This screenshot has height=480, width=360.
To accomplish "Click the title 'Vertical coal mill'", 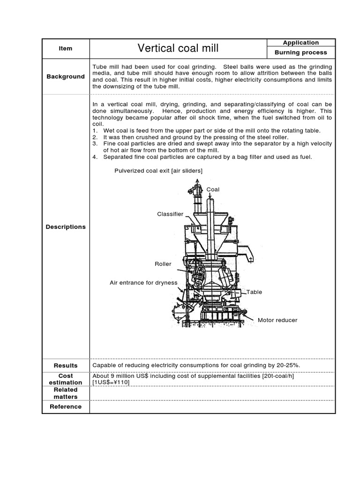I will point(178,48).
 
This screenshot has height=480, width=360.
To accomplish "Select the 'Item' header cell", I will point(66,48).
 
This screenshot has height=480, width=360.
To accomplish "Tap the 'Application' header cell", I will point(301,43).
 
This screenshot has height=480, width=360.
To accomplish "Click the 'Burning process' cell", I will point(301,53).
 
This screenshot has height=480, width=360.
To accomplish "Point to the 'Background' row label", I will point(66,76).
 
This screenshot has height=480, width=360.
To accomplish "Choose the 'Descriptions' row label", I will point(66,227).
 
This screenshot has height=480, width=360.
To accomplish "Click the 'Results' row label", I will point(66,365).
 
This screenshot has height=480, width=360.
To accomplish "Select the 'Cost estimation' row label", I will point(66,379).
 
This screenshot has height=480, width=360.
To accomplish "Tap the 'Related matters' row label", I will point(66,393).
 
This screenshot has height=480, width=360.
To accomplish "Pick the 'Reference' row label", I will point(66,407).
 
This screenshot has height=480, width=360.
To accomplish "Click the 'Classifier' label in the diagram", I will point(170,214).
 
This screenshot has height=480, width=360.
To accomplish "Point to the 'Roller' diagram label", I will point(163,264).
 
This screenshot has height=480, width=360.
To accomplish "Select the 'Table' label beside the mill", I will point(255,292).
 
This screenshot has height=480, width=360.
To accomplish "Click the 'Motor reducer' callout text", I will point(277,321).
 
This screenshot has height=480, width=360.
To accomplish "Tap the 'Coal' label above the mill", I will point(213,189).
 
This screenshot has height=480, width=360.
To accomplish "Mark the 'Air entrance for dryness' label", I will point(143,283).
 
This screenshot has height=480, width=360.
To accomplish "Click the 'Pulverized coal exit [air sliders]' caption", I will point(158,171).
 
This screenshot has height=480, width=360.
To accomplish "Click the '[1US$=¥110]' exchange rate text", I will point(111,382).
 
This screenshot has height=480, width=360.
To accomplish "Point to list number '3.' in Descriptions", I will point(95,143).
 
